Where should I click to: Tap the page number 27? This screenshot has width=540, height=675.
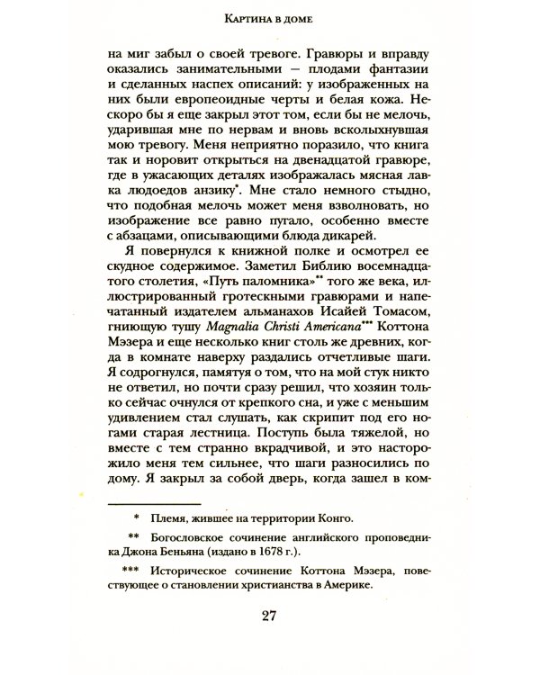point(268,616)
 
